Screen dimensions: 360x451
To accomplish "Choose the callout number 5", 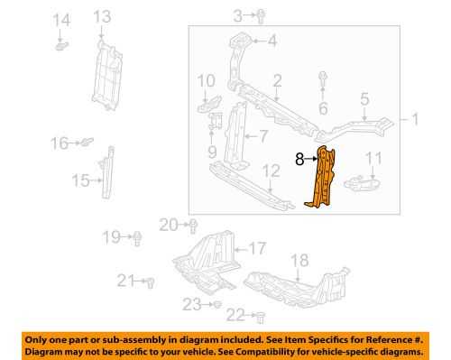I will (x=364, y=100).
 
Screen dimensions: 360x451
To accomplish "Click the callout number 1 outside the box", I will (x=415, y=119).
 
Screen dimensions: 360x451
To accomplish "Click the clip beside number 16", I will (x=86, y=142).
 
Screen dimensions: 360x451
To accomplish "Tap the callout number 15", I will (x=78, y=181).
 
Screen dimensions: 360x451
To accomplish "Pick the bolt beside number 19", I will (x=138, y=237).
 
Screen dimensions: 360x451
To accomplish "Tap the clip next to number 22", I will (x=259, y=317).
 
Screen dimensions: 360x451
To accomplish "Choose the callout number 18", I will (x=298, y=260).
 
